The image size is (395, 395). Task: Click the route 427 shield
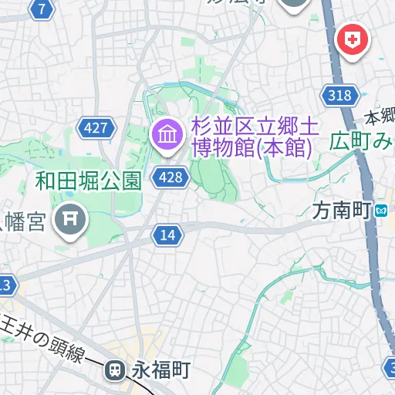tap(96, 128)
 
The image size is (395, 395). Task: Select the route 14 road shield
tap(167, 235)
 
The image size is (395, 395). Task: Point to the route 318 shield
tap(339, 96)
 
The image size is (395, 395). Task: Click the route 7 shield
tap(41, 9)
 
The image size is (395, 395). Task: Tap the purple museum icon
tap(166, 135)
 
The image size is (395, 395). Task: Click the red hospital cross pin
tap(353, 39)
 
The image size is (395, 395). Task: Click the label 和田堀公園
tap(88, 182)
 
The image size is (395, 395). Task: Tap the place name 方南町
tap(342, 209)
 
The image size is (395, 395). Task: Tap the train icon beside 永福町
tap(116, 370)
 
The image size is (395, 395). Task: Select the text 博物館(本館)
tap(252, 147)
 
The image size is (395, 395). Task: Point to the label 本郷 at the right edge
tap(381, 118)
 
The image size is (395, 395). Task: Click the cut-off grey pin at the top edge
tap(293, 4)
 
